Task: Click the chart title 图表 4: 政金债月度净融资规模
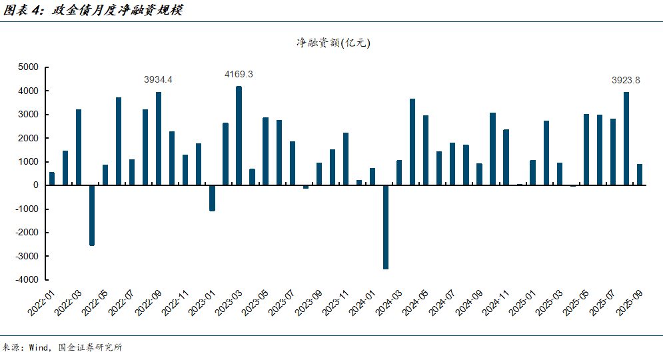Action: coord(93,10)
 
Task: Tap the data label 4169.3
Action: coord(239,74)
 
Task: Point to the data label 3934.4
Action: coord(159,79)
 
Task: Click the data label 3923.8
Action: coord(626,80)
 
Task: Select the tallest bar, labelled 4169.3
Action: coord(239,136)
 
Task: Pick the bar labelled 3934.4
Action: coord(159,139)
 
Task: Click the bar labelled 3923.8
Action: coord(626,139)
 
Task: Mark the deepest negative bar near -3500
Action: coord(386,227)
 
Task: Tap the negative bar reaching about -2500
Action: coord(92,215)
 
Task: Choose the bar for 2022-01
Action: coord(52,179)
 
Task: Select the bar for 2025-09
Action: coord(640,175)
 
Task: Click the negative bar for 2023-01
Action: coord(212,198)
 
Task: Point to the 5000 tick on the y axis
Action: coord(28,67)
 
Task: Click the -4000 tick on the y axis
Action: coord(27,280)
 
